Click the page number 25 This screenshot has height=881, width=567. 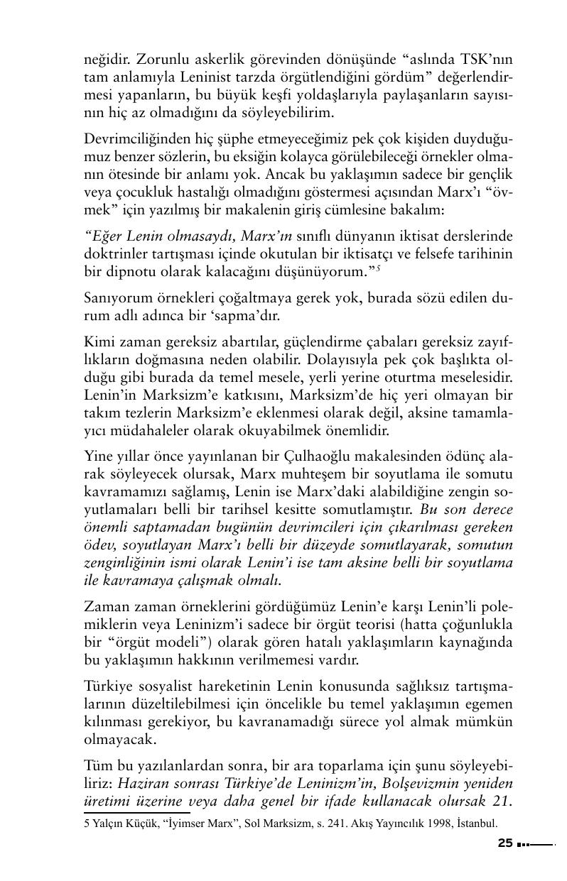pos(504,843)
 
